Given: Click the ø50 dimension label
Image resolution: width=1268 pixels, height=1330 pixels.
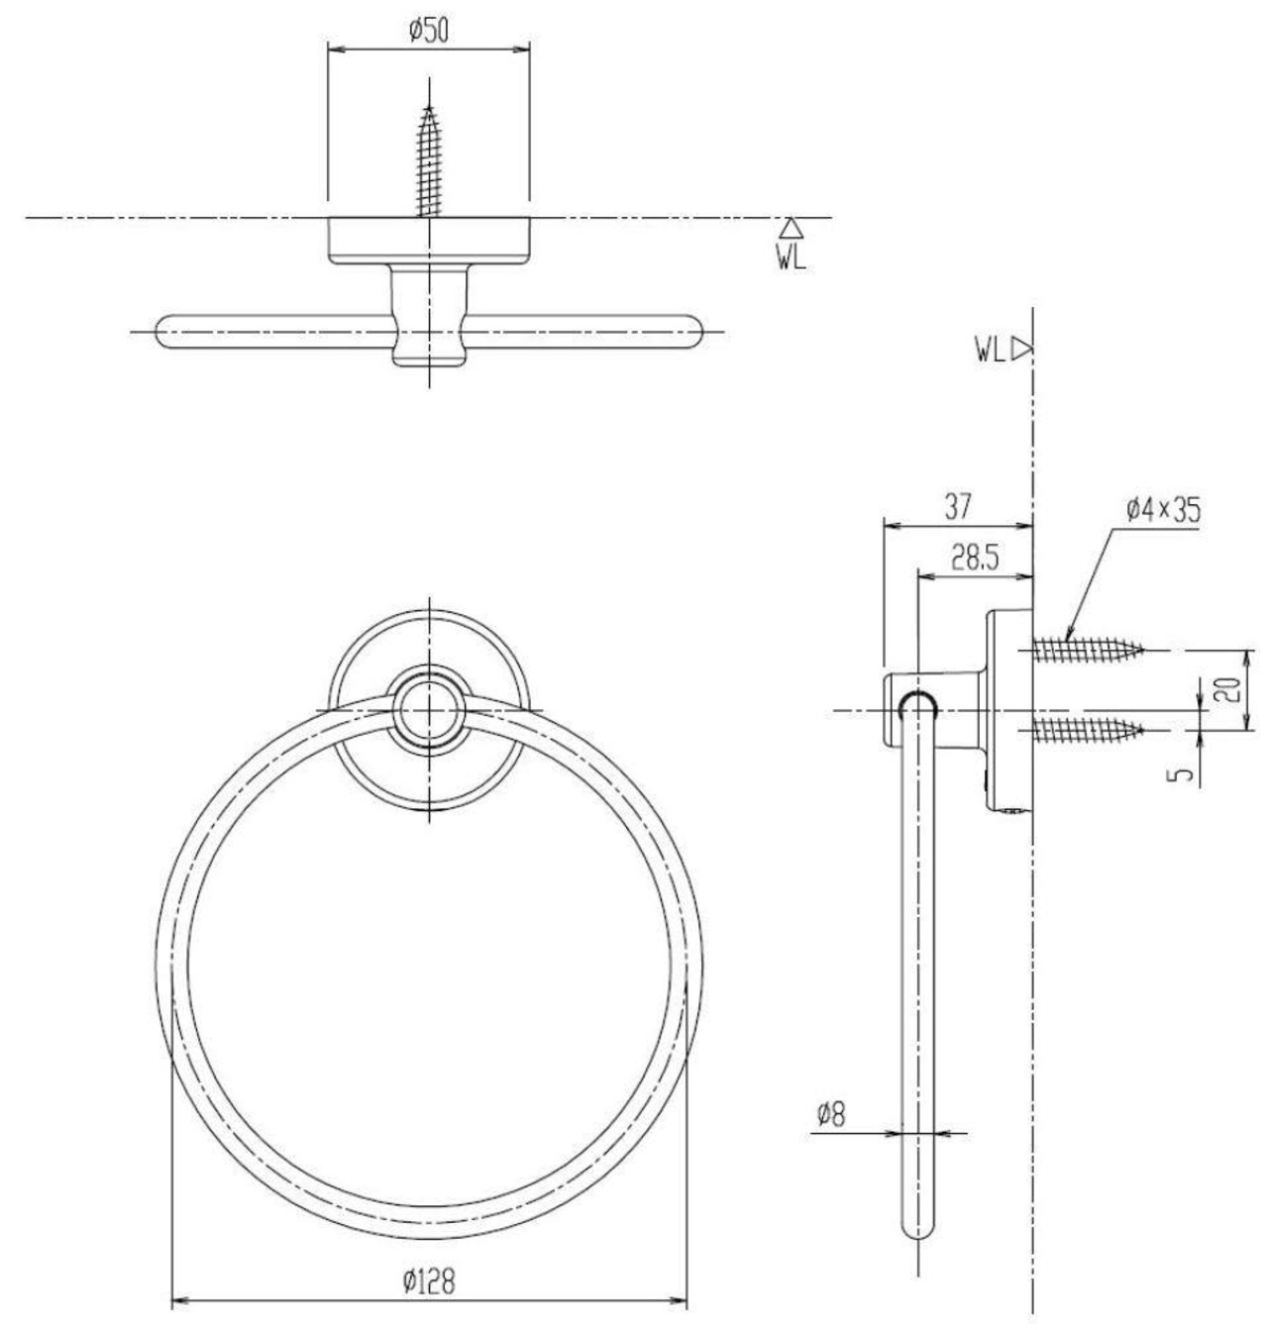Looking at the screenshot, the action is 429,31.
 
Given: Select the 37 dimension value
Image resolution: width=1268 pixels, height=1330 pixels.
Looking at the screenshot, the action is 957,507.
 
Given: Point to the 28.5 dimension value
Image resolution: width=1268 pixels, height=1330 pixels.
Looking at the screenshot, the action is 975,559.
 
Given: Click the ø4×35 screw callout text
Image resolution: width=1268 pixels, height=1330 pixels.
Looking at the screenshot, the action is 1164,510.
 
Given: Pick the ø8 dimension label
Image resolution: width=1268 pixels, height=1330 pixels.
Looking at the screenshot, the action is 831,1113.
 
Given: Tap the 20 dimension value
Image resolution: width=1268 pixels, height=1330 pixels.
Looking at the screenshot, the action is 1229,690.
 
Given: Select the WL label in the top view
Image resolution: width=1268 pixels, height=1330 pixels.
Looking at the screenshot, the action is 792,258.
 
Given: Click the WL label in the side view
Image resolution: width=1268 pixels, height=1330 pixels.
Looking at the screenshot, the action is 990,351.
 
